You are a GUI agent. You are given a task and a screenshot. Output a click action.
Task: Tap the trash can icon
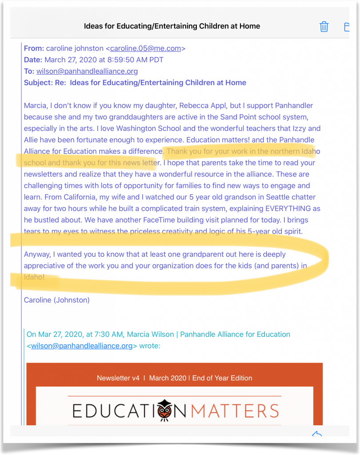(324, 27)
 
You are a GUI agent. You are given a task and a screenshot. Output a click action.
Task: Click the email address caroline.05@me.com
(146, 49)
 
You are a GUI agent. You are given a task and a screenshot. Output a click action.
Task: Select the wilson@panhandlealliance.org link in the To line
(87, 71)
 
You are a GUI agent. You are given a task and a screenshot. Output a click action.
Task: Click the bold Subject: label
(38, 82)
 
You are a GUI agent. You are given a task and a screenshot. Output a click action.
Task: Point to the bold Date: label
(33, 60)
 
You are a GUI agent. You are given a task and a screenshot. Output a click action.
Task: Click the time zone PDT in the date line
(156, 60)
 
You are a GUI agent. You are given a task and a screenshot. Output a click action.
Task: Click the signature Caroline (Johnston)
(57, 300)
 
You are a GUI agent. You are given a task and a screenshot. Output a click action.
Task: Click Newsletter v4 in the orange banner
(118, 378)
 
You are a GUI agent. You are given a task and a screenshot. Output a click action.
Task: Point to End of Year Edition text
(222, 378)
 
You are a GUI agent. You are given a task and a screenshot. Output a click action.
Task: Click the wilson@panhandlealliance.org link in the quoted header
(82, 346)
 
